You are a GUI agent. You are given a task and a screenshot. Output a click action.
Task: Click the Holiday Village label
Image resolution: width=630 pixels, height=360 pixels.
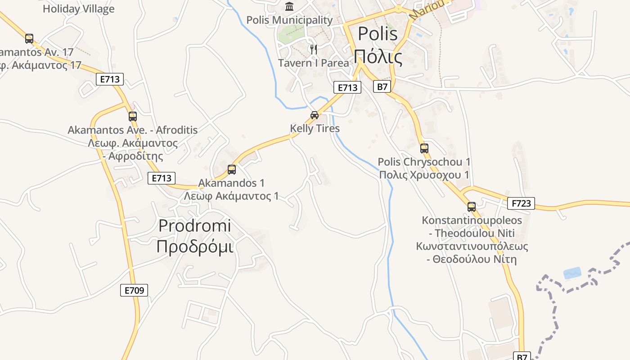click(x=79, y=9)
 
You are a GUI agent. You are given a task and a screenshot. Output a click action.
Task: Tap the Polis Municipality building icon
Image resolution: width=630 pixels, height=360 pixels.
click(x=289, y=7)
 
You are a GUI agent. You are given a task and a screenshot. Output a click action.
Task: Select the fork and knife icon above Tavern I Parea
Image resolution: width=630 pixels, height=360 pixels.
click(x=314, y=49)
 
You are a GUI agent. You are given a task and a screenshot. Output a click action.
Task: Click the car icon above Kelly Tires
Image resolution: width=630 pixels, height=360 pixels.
click(x=315, y=115)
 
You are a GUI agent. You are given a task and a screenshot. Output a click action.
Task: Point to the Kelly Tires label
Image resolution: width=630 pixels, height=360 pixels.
click(x=315, y=128)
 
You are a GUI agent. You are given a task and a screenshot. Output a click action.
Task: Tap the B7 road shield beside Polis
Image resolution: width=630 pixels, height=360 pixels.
click(x=382, y=86)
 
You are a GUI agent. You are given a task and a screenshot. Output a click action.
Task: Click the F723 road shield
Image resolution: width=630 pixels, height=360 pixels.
click(x=521, y=203)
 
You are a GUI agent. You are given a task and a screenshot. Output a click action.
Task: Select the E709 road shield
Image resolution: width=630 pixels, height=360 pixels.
click(x=134, y=290)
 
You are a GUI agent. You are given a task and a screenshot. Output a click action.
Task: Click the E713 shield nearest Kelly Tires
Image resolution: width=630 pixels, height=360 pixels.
click(x=347, y=87)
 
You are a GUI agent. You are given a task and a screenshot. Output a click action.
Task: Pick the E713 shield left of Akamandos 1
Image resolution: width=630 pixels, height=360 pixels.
click(x=161, y=178)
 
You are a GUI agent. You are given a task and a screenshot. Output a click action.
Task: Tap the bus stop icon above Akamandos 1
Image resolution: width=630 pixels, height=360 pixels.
click(x=232, y=170)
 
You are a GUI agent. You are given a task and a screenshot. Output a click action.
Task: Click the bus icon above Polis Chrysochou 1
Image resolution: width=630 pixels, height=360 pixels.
click(x=424, y=148)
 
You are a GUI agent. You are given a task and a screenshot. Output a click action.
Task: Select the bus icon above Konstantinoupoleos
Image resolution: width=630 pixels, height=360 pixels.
click(x=471, y=207)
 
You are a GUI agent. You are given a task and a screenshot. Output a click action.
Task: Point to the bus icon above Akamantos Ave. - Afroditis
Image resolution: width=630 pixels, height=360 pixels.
click(x=132, y=117)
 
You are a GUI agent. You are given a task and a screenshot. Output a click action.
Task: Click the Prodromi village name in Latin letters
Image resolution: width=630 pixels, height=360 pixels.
click(x=195, y=225)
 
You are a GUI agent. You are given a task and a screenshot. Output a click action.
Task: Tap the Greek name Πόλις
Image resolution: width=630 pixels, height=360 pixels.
click(x=377, y=56)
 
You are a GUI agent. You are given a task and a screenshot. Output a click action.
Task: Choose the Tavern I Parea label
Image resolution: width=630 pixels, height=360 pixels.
click(x=313, y=63)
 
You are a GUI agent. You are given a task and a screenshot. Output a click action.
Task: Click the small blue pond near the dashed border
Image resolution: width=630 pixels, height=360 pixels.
click(x=572, y=273)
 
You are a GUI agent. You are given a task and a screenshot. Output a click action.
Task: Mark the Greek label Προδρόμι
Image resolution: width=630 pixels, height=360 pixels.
click(x=195, y=247)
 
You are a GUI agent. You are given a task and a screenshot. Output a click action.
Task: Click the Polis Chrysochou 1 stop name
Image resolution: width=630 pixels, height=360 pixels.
click(x=424, y=162)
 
